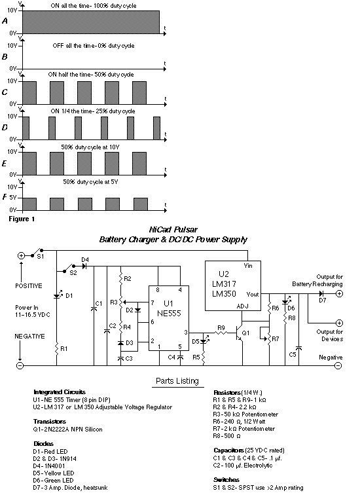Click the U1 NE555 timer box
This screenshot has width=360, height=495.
pyautogui.click(x=169, y=318)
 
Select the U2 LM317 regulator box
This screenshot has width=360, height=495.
pyautogui.click(x=233, y=285)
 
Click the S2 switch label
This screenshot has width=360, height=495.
pyautogui.click(x=73, y=273)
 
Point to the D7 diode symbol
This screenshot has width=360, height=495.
pyautogui.click(x=321, y=294)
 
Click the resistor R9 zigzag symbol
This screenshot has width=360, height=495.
pyautogui.click(x=221, y=333)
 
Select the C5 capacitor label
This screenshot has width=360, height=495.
pyautogui.click(x=293, y=354)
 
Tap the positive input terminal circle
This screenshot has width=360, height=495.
pyautogui.click(x=21, y=256)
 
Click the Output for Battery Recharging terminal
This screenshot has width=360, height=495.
pyautogui.click(x=339, y=294)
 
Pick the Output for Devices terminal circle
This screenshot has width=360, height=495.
pyautogui.click(x=339, y=323)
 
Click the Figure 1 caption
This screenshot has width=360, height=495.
pyautogui.click(x=22, y=219)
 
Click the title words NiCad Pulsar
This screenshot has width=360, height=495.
pyautogui.click(x=173, y=230)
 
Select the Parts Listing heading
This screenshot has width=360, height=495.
pyautogui.click(x=177, y=381)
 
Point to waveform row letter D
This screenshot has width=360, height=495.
pyautogui.click(x=5, y=128)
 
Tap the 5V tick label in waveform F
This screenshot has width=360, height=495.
pyautogui.click(x=12, y=198)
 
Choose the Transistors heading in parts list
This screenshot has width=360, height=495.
pyautogui.click(x=50, y=422)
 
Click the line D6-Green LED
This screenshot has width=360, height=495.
pyautogui.click(x=53, y=481)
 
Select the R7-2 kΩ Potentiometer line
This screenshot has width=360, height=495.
pyautogui.click(x=244, y=429)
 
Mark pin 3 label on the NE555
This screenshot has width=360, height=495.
pyautogui.click(x=186, y=332)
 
